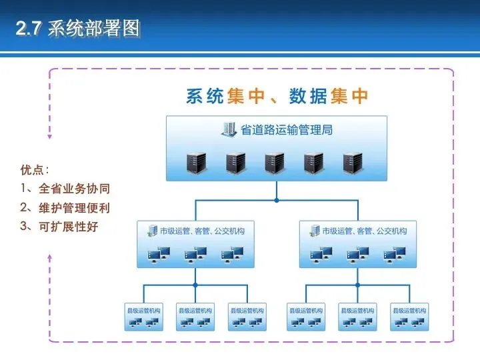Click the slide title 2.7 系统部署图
78,29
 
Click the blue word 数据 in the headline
307,97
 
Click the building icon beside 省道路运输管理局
229,129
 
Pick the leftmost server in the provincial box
197,163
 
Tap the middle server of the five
275,163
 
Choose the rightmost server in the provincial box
353,163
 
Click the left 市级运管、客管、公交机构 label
202,231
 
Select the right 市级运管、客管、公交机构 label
364,231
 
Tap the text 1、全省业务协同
65,189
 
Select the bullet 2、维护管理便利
65,208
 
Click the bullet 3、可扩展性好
59,227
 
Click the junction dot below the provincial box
276,199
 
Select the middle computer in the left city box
196,253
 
